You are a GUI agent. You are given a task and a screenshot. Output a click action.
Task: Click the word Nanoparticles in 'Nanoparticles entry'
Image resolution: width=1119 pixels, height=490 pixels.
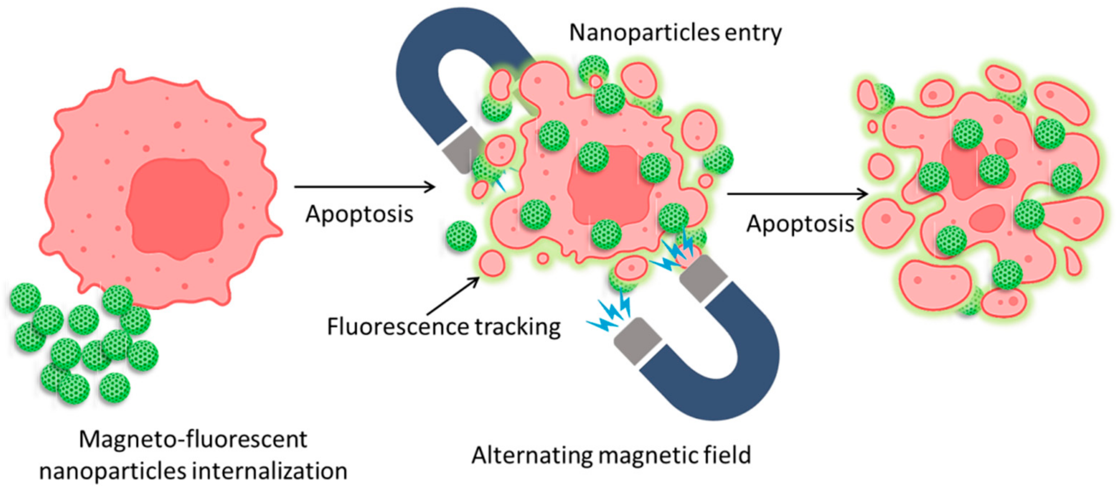[x=644, y=33]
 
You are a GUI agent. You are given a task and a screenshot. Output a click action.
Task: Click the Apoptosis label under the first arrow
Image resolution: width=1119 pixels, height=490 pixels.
[x=359, y=214]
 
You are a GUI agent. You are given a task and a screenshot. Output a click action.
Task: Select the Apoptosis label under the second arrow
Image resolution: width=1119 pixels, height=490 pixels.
[x=800, y=224]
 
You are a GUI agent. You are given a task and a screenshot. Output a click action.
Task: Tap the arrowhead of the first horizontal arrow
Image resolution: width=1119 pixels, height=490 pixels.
[x=430, y=187]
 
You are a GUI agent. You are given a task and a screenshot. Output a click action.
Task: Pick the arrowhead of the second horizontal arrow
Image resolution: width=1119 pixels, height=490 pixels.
[x=862, y=194]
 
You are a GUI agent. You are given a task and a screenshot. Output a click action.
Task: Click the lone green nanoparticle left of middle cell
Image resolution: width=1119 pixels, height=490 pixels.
[x=461, y=236]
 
